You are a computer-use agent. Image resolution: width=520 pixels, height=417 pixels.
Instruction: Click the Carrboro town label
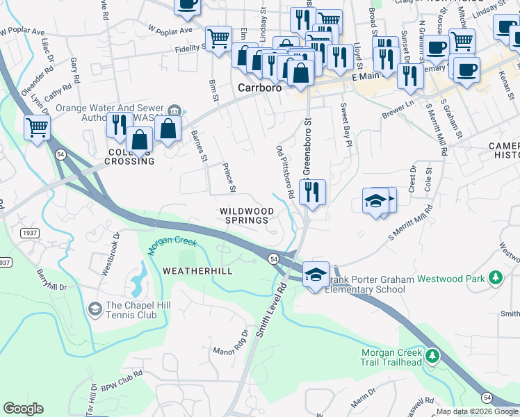[x=259, y=88]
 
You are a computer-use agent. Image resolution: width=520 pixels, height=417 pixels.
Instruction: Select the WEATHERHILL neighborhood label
[x=197, y=270]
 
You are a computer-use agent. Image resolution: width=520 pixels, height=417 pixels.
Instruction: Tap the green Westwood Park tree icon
[x=495, y=279]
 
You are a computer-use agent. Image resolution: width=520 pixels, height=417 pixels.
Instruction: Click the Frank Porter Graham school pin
[x=316, y=274]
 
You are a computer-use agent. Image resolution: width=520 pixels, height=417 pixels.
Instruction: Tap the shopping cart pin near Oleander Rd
[x=37, y=126]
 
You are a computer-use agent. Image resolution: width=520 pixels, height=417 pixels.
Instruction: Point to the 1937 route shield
[x=30, y=232]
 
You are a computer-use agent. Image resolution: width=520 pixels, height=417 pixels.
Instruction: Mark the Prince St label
[x=229, y=179]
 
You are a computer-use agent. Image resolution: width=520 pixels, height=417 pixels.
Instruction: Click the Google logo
[x=23, y=409]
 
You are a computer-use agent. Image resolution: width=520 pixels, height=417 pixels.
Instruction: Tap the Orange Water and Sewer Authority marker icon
[x=174, y=111]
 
